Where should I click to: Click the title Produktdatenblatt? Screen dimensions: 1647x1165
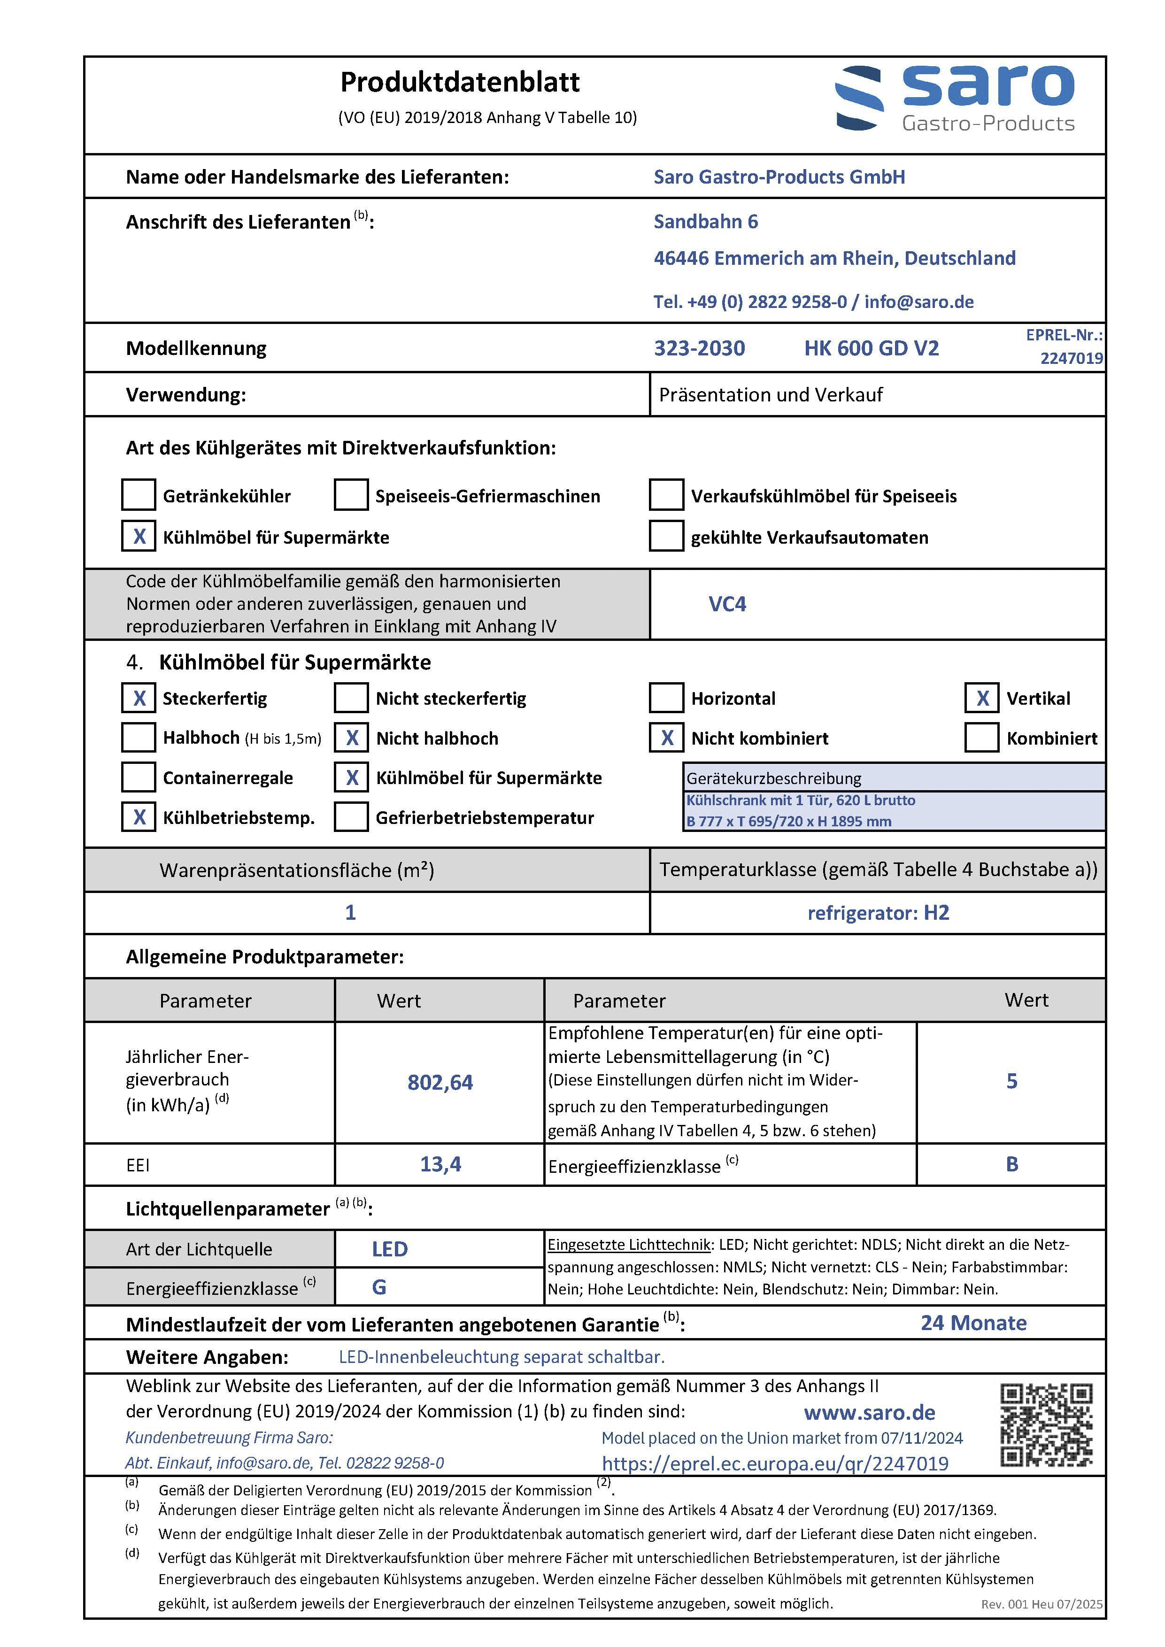460,83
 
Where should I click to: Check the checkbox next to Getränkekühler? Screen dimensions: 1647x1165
139,495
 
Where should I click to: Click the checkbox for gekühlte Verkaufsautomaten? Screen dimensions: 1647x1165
666,537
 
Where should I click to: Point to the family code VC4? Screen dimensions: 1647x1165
727,604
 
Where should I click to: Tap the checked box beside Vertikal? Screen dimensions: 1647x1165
981,698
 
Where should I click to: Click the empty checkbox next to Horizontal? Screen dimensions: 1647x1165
666,698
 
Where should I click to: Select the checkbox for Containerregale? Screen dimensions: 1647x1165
139,777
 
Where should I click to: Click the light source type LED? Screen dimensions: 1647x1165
390,1249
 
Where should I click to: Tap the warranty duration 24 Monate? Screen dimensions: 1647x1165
973,1323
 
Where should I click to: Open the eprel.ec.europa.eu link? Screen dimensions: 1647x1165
775,1463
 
